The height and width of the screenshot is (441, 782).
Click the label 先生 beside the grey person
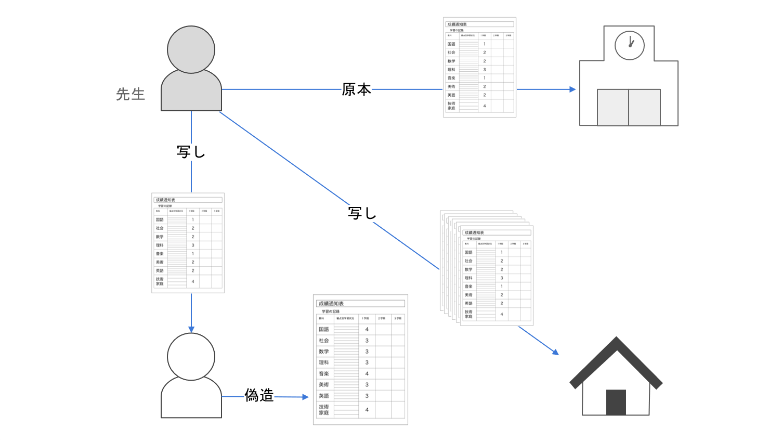[131, 94]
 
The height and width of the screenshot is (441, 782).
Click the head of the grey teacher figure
[191, 49]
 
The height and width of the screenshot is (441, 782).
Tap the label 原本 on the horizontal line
[356, 89]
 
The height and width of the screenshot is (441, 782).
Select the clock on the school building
[629, 45]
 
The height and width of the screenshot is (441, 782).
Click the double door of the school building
[629, 107]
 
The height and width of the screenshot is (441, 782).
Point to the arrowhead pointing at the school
[572, 89]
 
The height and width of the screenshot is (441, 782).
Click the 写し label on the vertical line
[191, 152]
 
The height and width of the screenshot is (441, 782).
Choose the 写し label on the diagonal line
[362, 213]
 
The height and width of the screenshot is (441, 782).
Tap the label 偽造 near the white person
[259, 396]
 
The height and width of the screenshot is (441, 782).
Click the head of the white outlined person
[191, 357]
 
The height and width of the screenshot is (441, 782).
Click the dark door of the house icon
[616, 402]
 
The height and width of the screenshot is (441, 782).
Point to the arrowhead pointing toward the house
[555, 352]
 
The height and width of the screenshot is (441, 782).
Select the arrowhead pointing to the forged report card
[305, 397]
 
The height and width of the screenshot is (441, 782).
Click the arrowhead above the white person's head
[191, 329]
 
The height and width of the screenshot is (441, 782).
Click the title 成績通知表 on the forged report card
[331, 304]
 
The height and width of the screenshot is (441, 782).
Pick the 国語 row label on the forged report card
[324, 329]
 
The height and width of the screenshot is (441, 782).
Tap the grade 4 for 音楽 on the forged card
[367, 373]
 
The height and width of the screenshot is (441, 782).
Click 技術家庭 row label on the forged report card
[324, 410]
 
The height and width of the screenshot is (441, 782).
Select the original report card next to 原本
[479, 67]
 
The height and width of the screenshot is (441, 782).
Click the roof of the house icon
[616, 359]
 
